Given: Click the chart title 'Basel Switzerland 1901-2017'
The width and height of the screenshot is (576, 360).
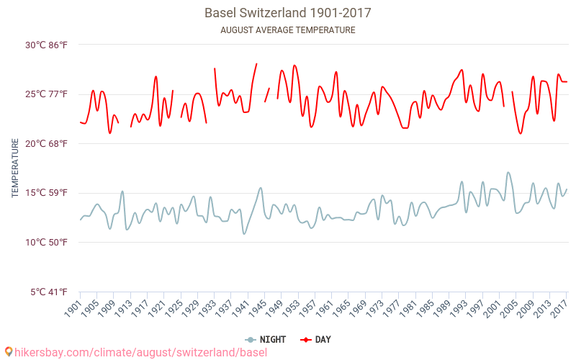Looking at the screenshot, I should click(288, 13).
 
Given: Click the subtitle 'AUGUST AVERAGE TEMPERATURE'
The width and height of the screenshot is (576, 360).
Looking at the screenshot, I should click(288, 30).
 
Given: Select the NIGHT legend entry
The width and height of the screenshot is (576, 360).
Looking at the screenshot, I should click(266, 339).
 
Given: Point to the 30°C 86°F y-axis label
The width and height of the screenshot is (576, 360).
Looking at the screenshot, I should click(47, 45).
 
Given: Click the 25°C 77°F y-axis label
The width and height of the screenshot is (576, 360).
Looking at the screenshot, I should click(47, 94).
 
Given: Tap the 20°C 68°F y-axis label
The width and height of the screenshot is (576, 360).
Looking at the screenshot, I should click(47, 144).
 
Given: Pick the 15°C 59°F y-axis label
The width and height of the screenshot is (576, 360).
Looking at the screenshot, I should click(47, 193).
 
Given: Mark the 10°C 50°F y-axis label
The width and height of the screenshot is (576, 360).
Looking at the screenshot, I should click(47, 243).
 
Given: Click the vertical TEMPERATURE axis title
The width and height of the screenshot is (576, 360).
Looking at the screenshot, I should click(15, 168).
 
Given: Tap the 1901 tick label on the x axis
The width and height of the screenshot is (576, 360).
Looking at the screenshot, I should click(72, 308).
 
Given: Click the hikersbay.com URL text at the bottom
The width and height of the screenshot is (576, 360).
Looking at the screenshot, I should click(140, 352).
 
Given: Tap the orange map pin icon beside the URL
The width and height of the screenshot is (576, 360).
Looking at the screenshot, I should click(8, 352).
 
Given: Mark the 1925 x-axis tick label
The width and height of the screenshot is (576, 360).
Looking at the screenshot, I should click(173, 308).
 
